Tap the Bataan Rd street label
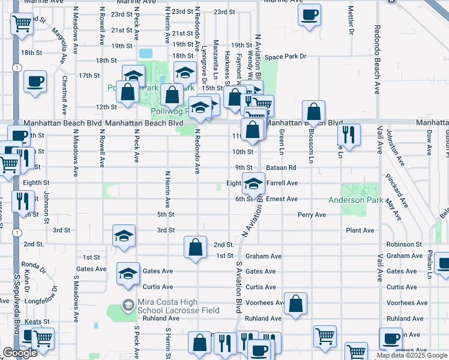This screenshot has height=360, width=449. (x=282, y=168)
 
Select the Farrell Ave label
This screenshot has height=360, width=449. (x=282, y=183)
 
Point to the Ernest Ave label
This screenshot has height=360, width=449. (x=282, y=199)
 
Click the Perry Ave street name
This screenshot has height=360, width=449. (x=312, y=215)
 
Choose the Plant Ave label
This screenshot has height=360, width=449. (x=360, y=230)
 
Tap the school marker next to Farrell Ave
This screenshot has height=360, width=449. (x=253, y=184)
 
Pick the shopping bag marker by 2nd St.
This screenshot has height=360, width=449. (x=196, y=247)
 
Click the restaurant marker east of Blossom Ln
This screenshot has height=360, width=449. (x=348, y=134)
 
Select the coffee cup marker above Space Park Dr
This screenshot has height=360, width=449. (x=309, y=15)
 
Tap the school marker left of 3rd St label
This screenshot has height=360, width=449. (x=124, y=236)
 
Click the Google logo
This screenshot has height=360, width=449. (x=20, y=353)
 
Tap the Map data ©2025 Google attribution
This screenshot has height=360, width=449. (x=411, y=355)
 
